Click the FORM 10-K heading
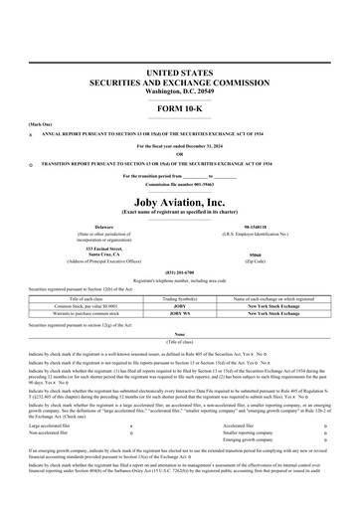click(180, 107)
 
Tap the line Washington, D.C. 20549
click(180, 92)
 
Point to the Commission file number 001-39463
click(180, 185)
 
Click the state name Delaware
click(90, 227)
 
